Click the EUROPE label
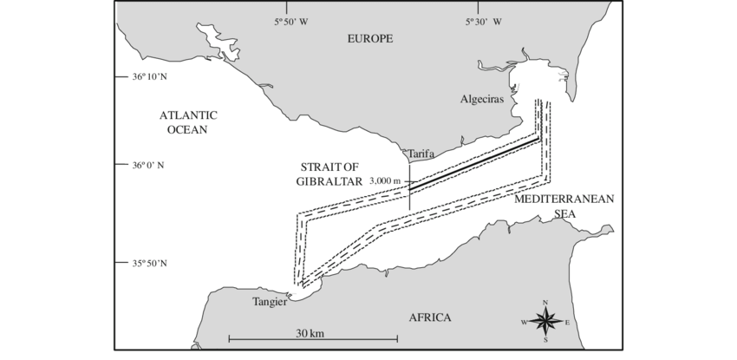pos(370,38)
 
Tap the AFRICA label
pos(430,317)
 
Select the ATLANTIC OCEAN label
pos(187,122)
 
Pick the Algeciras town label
pos(481,100)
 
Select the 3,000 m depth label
pos(385,180)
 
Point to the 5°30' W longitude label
pos(485,22)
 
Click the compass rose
pos(545,321)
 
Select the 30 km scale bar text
pos(309,332)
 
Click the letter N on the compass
pos(545,302)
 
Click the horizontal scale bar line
pos(309,338)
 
